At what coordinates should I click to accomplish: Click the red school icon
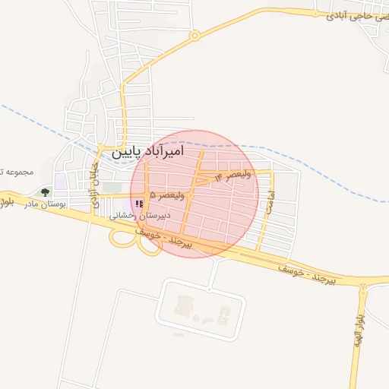[138, 204]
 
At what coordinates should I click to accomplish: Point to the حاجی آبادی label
[349, 14]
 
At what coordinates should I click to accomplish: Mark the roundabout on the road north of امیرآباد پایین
[194, 35]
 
